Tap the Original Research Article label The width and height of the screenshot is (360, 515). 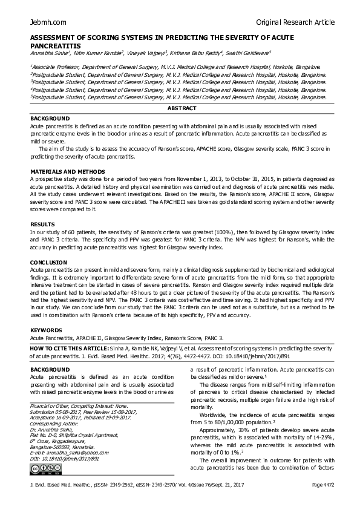click(x=295, y=22)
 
